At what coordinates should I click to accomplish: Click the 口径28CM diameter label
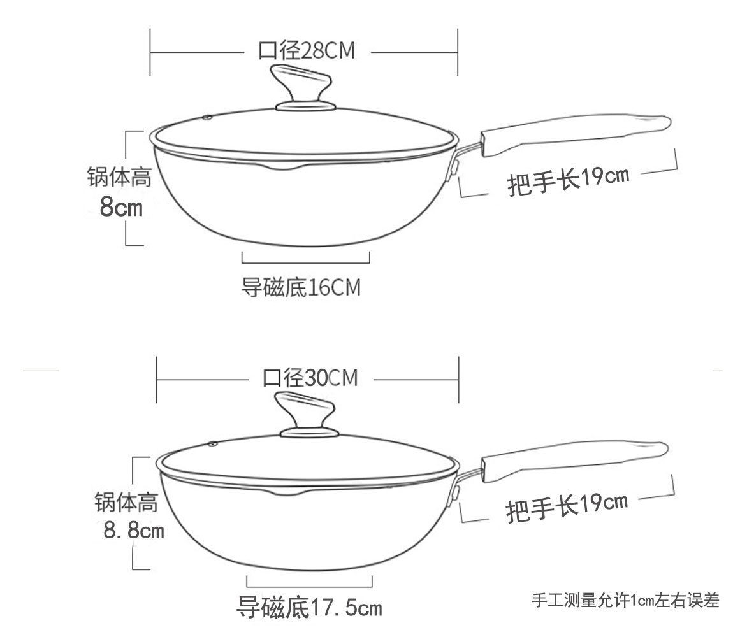[306, 50]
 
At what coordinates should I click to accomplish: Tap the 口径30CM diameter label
[310, 378]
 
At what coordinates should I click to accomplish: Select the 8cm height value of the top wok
[121, 206]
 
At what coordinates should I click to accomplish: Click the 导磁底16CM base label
[301, 287]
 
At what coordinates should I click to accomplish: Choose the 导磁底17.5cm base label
[309, 606]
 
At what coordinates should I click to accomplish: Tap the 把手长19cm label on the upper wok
[568, 181]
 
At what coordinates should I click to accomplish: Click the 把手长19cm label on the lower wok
[567, 507]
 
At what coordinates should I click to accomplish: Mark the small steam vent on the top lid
[208, 117]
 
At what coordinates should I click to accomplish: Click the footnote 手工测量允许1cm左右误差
[625, 600]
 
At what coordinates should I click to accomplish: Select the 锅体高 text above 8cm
[119, 177]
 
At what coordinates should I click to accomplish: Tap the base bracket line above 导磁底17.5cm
[309, 584]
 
